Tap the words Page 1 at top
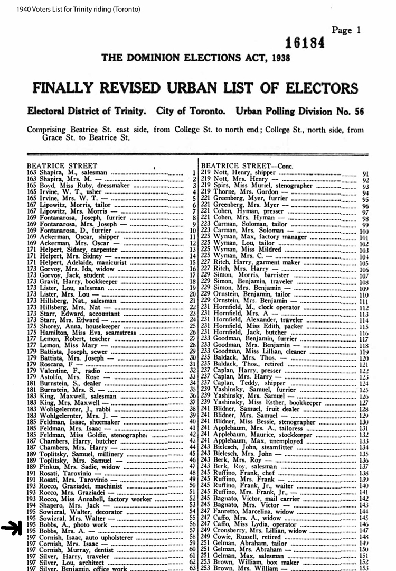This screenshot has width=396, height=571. pos(346,30)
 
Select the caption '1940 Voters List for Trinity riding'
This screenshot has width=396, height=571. pos(71,10)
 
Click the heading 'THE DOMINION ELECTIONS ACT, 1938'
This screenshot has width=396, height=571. pos(195,58)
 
